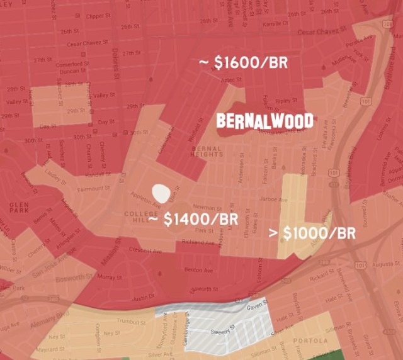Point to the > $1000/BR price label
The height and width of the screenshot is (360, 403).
point(312,233)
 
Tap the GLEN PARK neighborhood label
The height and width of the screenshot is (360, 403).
point(20,209)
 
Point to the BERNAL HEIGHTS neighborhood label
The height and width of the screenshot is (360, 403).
point(207,152)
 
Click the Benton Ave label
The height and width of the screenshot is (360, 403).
point(197,271)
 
